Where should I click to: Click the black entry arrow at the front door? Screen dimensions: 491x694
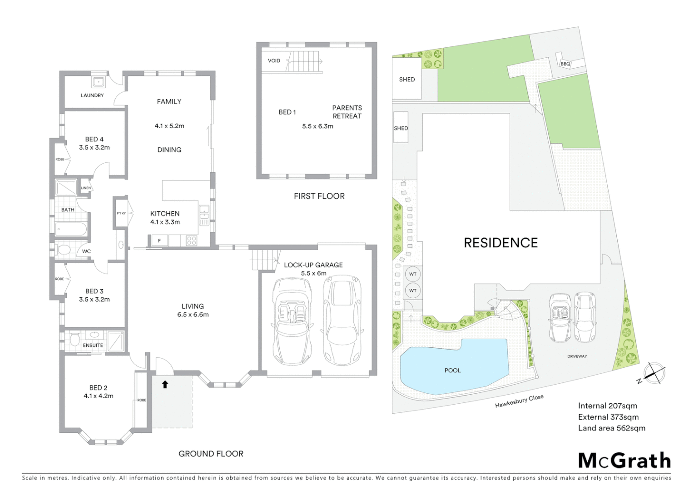(165, 385)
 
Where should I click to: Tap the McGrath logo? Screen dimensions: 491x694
(624, 461)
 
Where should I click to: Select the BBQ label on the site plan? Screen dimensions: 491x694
(565, 64)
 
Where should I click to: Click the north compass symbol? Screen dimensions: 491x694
(654, 373)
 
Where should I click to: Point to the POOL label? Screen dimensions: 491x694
(452, 371)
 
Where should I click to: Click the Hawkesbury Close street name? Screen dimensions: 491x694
(519, 401)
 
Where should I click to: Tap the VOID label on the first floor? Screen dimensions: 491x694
(274, 60)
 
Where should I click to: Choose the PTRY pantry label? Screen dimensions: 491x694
(121, 213)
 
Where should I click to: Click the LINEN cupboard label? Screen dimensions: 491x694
(86, 188)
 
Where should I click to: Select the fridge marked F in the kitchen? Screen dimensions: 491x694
(159, 240)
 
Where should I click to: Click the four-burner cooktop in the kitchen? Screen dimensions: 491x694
(192, 240)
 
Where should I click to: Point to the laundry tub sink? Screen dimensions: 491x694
(98, 82)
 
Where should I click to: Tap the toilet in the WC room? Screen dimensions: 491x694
(64, 250)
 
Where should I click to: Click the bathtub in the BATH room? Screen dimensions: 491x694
(70, 229)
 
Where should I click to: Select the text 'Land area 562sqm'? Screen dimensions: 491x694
(611, 428)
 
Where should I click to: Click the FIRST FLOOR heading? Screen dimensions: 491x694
(319, 196)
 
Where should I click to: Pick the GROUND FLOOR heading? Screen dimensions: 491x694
(211, 454)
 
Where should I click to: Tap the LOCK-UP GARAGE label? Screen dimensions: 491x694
(313, 265)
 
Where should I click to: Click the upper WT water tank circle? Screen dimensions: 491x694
(412, 274)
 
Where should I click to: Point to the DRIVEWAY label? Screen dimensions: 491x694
(577, 356)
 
